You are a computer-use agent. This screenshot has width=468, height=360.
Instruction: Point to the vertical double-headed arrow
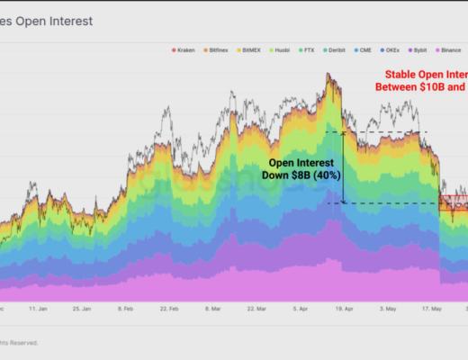coord(342,167)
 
